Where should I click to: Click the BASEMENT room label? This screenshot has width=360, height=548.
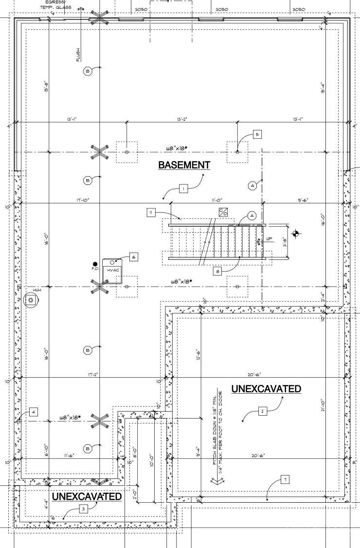tap(184, 165)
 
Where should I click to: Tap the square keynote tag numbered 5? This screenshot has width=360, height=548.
tap(257, 134)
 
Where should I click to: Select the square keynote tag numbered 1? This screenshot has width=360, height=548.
tap(183, 188)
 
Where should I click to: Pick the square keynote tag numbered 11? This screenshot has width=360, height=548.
tap(151, 213)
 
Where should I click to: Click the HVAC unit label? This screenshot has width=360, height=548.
tap(113, 269)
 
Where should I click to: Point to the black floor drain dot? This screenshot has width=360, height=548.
tap(95, 264)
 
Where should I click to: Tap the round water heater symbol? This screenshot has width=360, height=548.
tap(31, 301)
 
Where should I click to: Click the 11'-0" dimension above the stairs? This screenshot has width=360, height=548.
tap(216, 200)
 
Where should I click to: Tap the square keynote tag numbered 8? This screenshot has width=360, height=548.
tap(218, 272)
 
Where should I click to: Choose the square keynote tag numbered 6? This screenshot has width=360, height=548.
tap(134, 256)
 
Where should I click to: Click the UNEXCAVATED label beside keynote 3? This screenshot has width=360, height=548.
tap(87, 496)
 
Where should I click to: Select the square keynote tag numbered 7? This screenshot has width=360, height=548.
tap(285, 480)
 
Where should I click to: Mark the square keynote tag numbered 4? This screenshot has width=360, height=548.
tap(33, 412)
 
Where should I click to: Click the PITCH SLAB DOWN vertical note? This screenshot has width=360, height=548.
tap(217, 427)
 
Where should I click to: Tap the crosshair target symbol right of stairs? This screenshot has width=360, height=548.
tap(296, 234)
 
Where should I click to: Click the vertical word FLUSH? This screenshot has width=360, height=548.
tap(78, 54)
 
